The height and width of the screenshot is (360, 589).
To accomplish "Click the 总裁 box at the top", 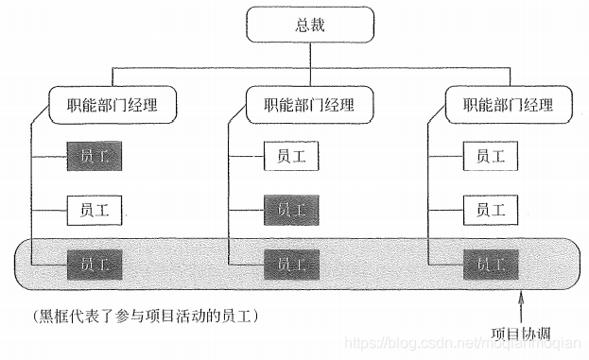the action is click(310, 26).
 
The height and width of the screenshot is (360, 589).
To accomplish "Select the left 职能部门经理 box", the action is click(113, 104).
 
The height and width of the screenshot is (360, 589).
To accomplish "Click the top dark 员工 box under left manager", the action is click(95, 156).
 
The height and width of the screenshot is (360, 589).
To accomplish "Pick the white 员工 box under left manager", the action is click(95, 209).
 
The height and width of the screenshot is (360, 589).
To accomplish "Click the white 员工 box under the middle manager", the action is click(291, 156).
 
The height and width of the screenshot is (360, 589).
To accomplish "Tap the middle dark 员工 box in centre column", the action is click(291, 209).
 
